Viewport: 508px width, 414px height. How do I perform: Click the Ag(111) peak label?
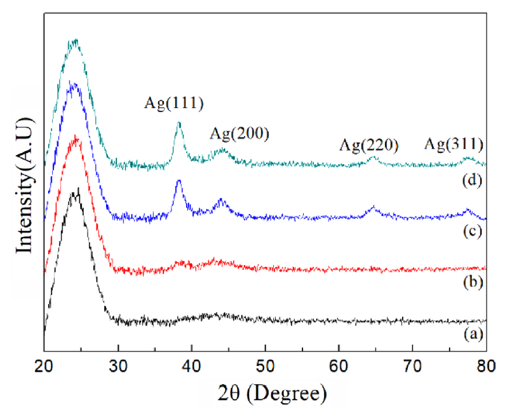[174, 102]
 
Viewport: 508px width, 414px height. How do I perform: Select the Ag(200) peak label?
[239, 134]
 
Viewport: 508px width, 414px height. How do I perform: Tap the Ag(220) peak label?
[369, 145]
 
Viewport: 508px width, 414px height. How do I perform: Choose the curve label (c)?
[474, 231]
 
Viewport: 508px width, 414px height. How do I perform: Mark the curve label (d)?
[474, 180]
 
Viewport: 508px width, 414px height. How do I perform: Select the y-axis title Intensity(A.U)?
[26, 186]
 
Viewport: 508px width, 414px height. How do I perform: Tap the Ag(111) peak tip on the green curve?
[179, 122]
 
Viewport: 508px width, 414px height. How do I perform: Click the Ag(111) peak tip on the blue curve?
[179, 180]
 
